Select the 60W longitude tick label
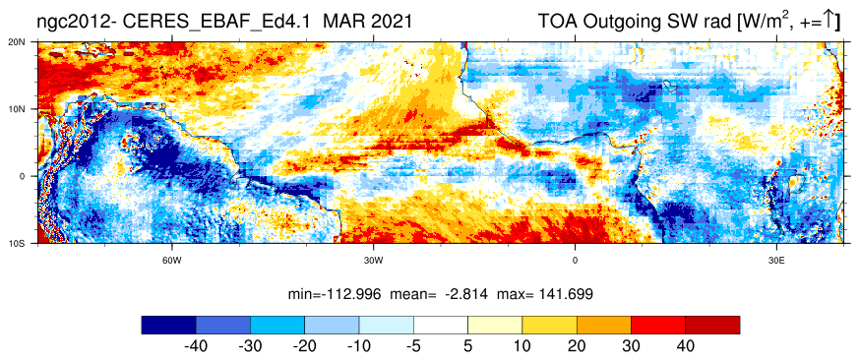[172, 260]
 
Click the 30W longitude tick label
[374, 260]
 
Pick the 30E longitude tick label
[776, 260]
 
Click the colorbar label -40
[196, 346]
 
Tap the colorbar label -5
[413, 346]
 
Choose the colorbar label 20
[577, 346]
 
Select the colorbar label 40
[686, 346]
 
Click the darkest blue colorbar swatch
[168, 325]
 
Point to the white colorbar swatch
[441, 325]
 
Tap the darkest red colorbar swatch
[712, 325]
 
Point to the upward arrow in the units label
[829, 21]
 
